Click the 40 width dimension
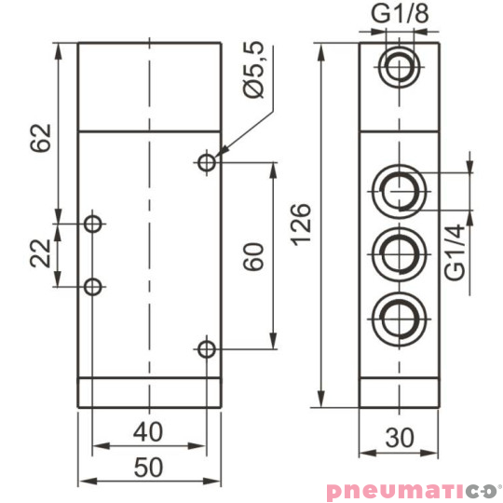click(x=148, y=432)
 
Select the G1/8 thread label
click(x=401, y=17)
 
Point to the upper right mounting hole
click(x=207, y=163)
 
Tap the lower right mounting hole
click(x=207, y=349)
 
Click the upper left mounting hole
click(x=92, y=224)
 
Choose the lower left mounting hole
click(x=92, y=286)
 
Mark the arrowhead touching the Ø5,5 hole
click(x=221, y=154)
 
